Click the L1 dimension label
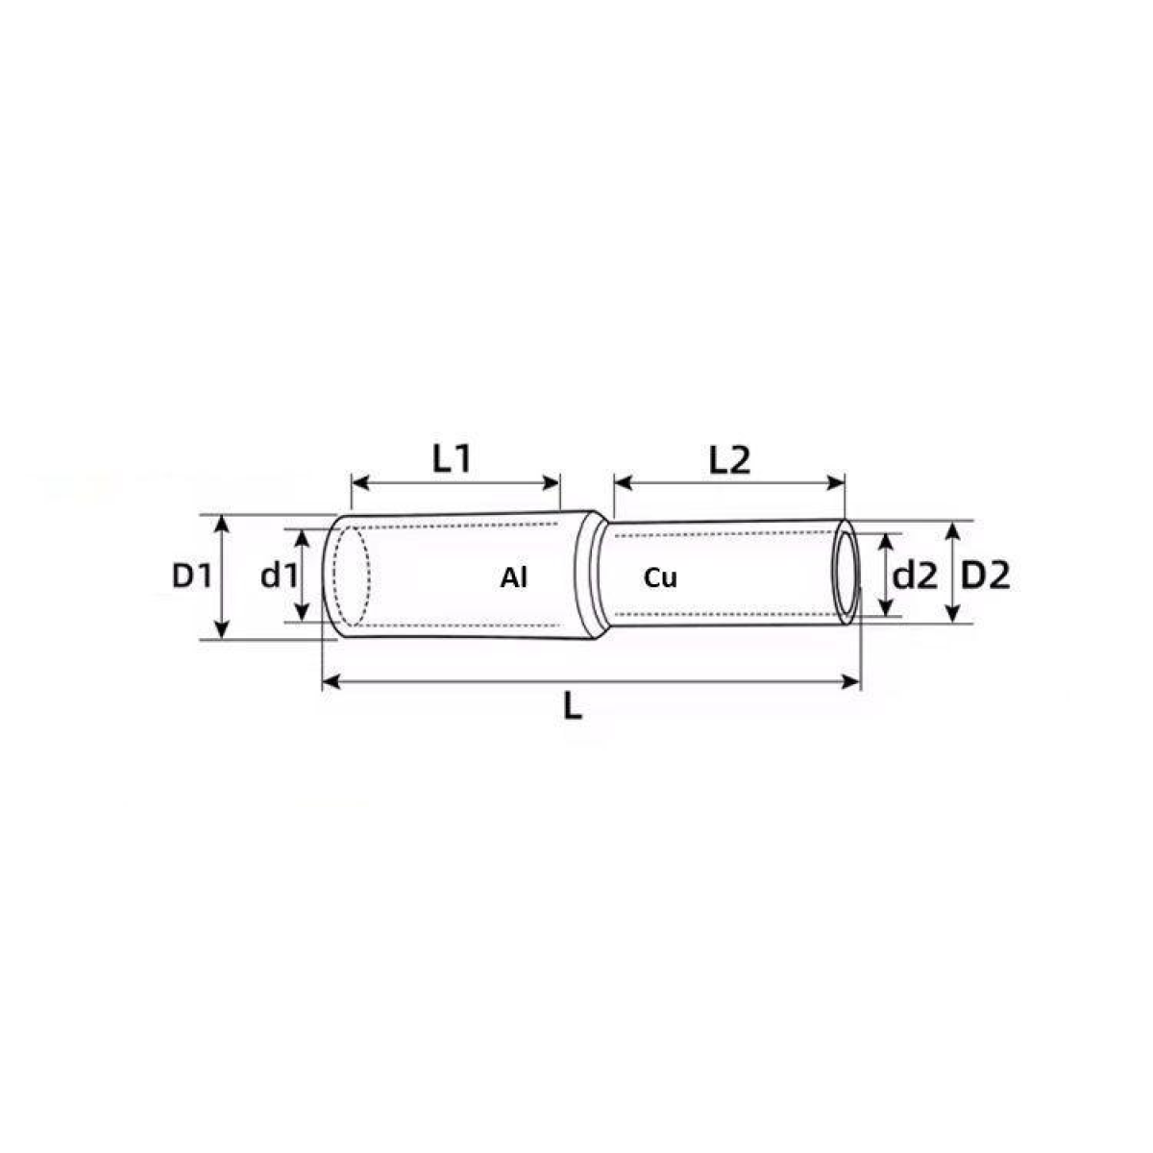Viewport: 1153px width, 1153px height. [x=452, y=459]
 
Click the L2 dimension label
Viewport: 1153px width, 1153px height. [x=729, y=461]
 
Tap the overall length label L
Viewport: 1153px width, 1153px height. [x=573, y=706]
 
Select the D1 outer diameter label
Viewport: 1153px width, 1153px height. [x=191, y=576]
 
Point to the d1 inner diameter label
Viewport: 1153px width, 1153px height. [x=279, y=576]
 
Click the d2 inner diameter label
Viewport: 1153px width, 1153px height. [x=915, y=576]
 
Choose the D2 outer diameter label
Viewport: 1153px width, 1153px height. [x=986, y=576]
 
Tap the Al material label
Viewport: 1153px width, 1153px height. [x=514, y=578]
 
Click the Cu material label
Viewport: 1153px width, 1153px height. [x=660, y=578]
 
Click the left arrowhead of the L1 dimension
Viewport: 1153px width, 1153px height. [x=359, y=483]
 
